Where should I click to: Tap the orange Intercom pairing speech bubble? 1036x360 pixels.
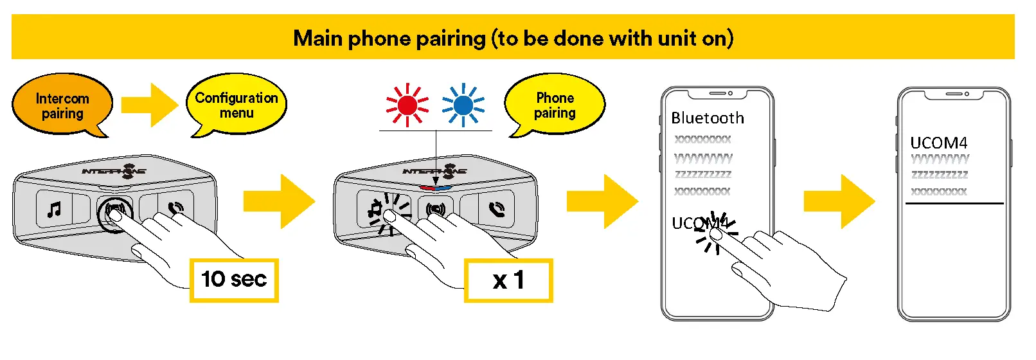(62, 105)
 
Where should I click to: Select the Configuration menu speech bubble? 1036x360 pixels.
(236, 105)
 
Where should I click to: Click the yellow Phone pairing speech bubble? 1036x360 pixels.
(555, 105)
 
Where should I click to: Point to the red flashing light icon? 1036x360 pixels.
(407, 105)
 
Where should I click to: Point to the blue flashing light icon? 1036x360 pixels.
(463, 105)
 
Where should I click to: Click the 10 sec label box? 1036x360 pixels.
(234, 280)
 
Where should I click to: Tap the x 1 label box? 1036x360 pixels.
(508, 280)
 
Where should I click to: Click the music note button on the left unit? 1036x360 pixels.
(55, 209)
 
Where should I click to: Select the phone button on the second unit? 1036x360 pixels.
(496, 208)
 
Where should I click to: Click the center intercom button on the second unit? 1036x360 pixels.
(435, 209)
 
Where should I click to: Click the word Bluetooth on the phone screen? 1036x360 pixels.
(707, 118)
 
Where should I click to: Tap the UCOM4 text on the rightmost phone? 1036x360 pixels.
(938, 143)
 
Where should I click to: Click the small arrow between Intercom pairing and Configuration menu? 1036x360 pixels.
(150, 104)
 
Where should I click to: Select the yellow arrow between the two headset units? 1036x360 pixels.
(279, 201)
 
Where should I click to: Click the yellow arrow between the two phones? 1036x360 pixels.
(839, 201)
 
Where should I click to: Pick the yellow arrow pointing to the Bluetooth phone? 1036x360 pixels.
(602, 201)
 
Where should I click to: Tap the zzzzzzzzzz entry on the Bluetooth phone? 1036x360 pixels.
(702, 174)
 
